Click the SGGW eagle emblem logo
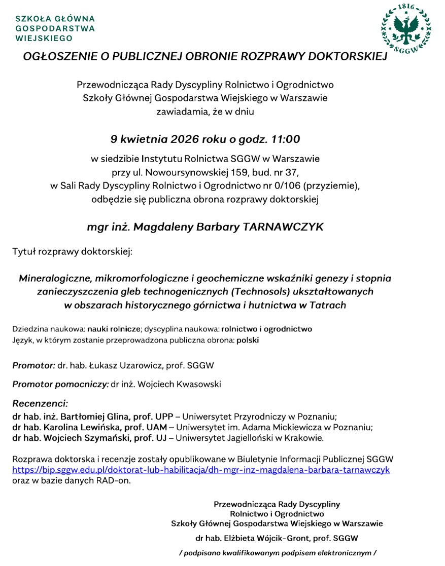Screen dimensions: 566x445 point(406,29)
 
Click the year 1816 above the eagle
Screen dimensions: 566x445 point(406,7)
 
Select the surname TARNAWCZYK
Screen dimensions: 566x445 point(283,227)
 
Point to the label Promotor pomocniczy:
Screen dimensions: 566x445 point(60,384)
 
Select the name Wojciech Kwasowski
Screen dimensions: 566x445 point(177,384)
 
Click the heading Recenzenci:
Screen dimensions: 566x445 point(40,404)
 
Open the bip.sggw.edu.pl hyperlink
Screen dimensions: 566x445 point(201,470)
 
